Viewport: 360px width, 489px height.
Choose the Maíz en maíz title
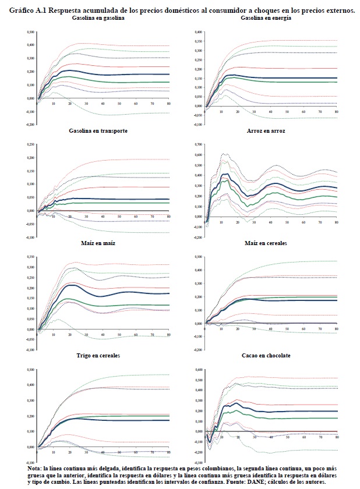tap(98, 243)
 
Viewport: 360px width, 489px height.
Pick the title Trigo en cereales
tap(98, 356)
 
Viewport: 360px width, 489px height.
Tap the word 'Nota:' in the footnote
tap(35, 469)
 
